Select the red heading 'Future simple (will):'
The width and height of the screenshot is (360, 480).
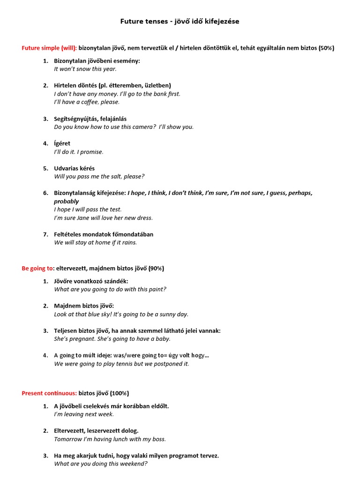[49, 48]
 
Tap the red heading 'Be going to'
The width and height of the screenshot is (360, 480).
[37, 269]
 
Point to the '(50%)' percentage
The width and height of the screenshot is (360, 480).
[326, 48]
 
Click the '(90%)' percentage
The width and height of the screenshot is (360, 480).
[156, 269]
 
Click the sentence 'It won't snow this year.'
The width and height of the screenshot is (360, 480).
[85, 69]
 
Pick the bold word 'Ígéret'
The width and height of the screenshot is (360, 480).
[62, 143]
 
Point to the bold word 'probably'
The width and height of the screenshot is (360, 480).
[67, 202]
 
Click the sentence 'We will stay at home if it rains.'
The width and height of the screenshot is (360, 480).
[96, 243]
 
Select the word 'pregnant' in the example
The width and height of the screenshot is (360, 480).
[81, 339]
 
